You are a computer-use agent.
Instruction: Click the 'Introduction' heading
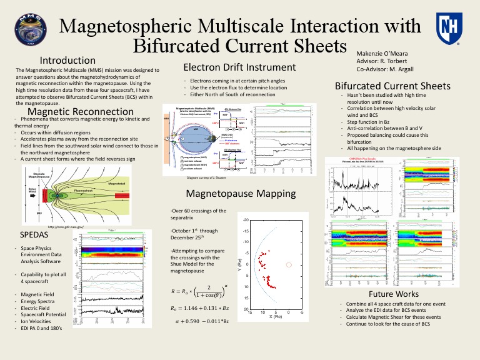click(x=67, y=61)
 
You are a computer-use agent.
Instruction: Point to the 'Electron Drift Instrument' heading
click(x=239, y=67)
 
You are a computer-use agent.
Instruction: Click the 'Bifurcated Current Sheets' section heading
click(x=392, y=86)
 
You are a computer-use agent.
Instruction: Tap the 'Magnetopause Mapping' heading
click(x=234, y=193)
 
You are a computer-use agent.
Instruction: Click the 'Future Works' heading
click(x=394, y=294)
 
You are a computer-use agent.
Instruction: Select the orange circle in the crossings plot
click(x=289, y=264)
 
